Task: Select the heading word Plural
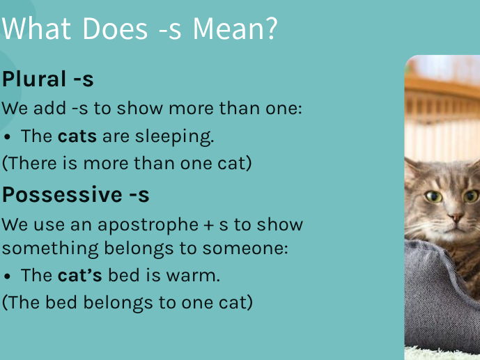34,80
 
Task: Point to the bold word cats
77,136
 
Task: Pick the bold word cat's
79,276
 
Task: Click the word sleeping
177,137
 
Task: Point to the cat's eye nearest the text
433,197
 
